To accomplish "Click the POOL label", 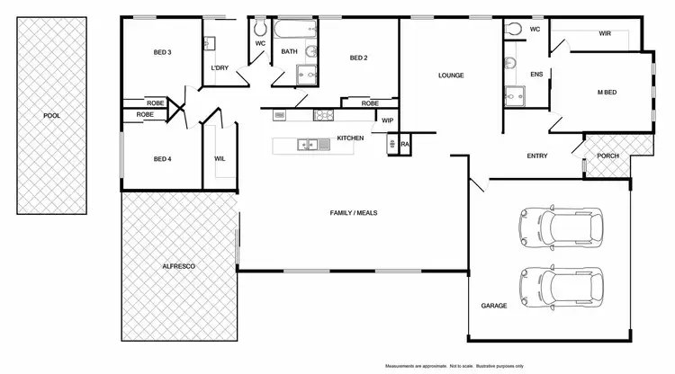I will coord(52,115).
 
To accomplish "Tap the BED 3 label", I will coord(162,52).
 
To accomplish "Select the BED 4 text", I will coord(162,159).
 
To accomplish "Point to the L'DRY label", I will coord(219,68).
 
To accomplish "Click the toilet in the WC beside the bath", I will coord(259,28).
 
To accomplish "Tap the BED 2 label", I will coord(359,58).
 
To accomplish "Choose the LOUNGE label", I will coord(451,76).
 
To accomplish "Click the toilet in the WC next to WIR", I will coord(514,29).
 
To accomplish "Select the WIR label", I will coord(605,33).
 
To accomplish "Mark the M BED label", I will coord(606,92).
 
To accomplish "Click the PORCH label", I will coord(608,156).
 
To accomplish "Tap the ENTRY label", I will coord(537,156).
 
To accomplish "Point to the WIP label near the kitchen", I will coord(388,120).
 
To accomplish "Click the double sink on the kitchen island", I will coord(308,144).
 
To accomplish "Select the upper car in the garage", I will coord(558,227).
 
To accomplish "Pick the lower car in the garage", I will coord(558,287).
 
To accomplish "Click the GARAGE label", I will coord(493,306).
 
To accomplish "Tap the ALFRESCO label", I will coord(179,268).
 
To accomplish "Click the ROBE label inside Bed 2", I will coord(370,103).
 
